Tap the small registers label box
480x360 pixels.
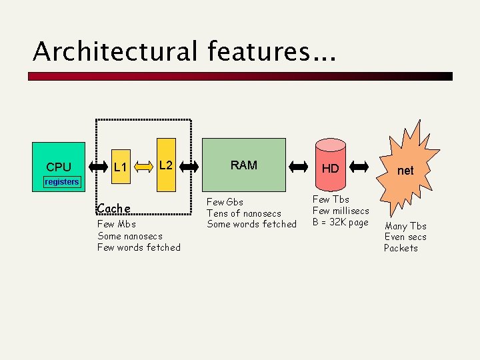(61, 182)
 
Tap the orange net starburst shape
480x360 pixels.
(405, 170)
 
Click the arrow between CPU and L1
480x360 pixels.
(97, 166)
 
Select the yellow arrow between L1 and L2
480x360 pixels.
(145, 166)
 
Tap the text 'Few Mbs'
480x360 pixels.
(117, 225)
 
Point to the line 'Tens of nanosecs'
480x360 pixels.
(244, 213)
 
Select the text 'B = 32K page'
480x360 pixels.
(340, 222)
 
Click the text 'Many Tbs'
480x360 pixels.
(405, 226)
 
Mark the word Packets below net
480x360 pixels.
(401, 248)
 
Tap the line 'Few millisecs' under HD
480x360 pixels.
(341, 211)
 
